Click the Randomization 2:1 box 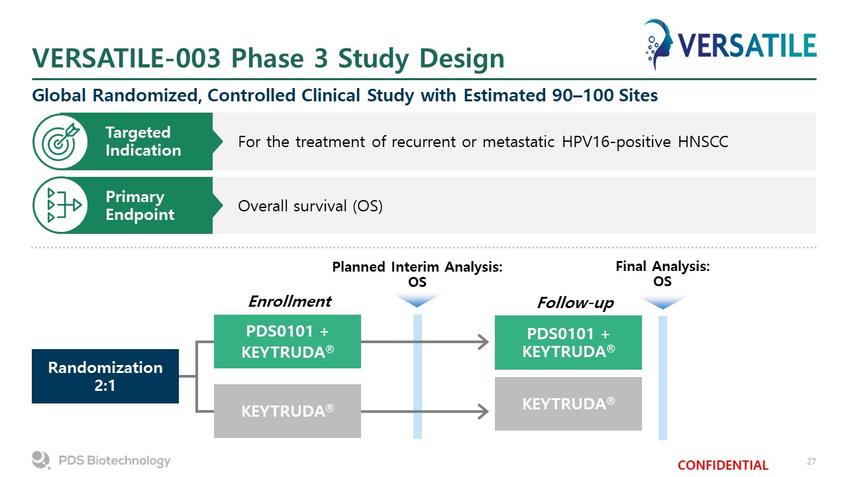[x=105, y=376]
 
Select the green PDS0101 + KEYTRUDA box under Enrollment [x=288, y=341]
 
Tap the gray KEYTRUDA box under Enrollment [x=288, y=411]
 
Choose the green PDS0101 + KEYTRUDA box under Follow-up [x=568, y=343]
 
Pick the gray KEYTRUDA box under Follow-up [x=568, y=403]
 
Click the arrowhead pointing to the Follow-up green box [x=484, y=342]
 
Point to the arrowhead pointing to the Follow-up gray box [x=484, y=411]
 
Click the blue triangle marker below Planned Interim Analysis [x=417, y=299]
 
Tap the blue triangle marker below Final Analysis [x=662, y=301]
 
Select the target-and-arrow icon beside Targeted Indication [x=60, y=142]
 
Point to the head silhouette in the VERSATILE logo [x=659, y=44]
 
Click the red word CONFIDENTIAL [x=723, y=465]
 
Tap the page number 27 [x=812, y=462]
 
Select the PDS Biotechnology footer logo [x=101, y=460]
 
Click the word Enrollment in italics [x=290, y=301]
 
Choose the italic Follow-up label [x=576, y=303]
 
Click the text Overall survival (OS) [x=311, y=206]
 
